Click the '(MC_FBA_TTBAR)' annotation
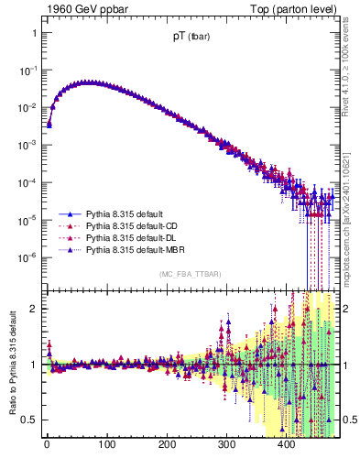tap(190, 275)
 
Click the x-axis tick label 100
tap(106, 446)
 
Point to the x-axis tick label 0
tap(47, 446)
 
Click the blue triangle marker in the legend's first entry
tap(65, 212)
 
